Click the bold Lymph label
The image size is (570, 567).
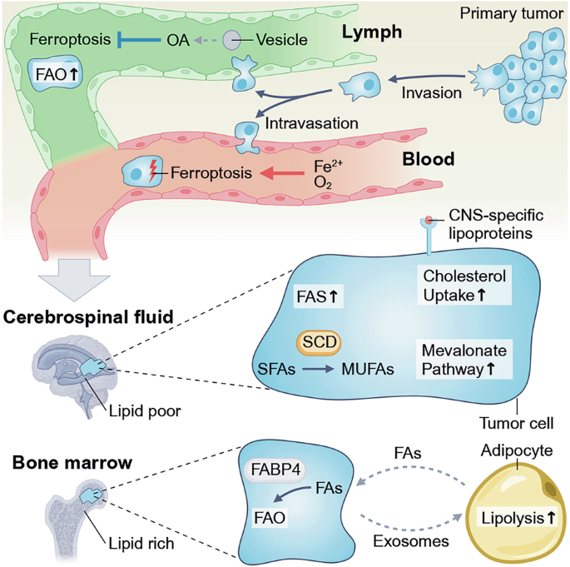pyautogui.click(x=372, y=32)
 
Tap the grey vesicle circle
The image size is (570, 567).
pyautogui.click(x=232, y=40)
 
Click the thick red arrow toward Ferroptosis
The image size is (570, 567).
pyautogui.click(x=282, y=173)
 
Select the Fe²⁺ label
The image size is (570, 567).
pyautogui.click(x=328, y=166)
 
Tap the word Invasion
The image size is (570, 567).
pyautogui.click(x=432, y=93)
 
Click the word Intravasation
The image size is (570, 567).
pyautogui.click(x=311, y=124)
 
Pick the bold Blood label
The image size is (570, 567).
pyautogui.click(x=429, y=159)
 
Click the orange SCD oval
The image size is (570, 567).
pyautogui.click(x=320, y=342)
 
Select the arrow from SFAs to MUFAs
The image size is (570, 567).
pyautogui.click(x=318, y=370)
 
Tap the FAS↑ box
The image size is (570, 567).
pyautogui.click(x=318, y=296)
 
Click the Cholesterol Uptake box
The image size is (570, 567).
pyautogui.click(x=464, y=286)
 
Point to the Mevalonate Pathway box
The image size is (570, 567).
pyautogui.click(x=464, y=360)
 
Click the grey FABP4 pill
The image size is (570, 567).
pyautogui.click(x=275, y=470)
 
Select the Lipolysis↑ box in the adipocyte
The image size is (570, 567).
pyautogui.click(x=518, y=518)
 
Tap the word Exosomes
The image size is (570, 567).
pyautogui.click(x=411, y=541)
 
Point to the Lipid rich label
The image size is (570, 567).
pyautogui.click(x=141, y=544)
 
